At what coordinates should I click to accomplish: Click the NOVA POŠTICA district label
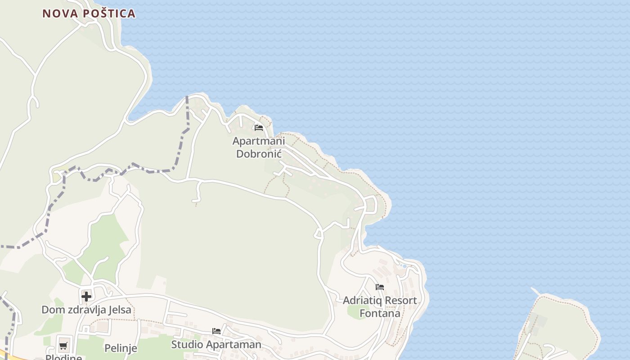(x=89, y=13)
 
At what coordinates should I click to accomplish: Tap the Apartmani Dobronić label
(x=259, y=147)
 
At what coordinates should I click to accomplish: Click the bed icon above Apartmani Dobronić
(x=259, y=128)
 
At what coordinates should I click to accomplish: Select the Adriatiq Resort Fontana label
(x=380, y=306)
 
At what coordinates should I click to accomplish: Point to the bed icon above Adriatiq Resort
(x=380, y=287)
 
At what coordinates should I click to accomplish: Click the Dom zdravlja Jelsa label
(x=86, y=310)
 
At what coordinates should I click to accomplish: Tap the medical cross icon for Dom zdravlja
(x=86, y=296)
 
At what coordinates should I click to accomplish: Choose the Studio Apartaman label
(x=216, y=344)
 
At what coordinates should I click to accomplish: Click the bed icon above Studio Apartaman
(x=216, y=331)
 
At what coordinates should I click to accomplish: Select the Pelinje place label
(x=120, y=348)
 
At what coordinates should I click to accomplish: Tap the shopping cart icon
(x=63, y=346)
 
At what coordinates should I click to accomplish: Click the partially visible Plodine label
(x=63, y=357)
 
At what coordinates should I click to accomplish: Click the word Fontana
(x=380, y=313)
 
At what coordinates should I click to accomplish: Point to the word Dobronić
(x=259, y=153)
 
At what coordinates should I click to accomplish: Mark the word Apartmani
(x=259, y=141)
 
